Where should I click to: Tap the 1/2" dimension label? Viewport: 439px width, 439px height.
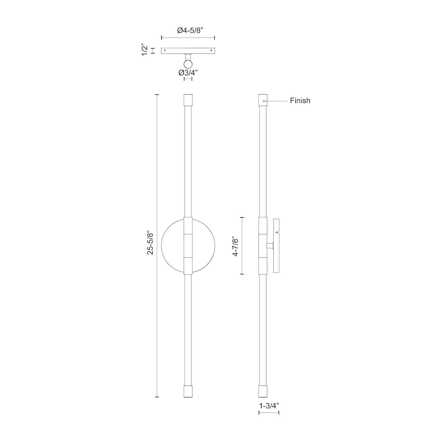(145, 51)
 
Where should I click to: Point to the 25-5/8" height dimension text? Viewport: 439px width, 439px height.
(150, 243)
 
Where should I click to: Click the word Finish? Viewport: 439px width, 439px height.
(300, 101)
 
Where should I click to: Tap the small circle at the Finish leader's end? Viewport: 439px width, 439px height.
(264, 101)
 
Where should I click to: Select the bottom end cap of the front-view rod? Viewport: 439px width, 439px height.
(188, 391)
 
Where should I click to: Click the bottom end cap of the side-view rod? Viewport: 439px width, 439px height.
(263, 391)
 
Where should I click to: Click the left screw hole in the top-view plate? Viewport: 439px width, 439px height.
(165, 50)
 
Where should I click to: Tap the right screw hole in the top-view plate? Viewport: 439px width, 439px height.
(211, 50)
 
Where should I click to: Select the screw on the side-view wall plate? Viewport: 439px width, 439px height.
(277, 232)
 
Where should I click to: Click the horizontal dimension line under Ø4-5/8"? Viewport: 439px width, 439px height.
(188, 37)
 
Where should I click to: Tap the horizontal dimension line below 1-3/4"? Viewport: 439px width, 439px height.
(269, 413)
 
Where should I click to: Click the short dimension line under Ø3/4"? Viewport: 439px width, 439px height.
(188, 79)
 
